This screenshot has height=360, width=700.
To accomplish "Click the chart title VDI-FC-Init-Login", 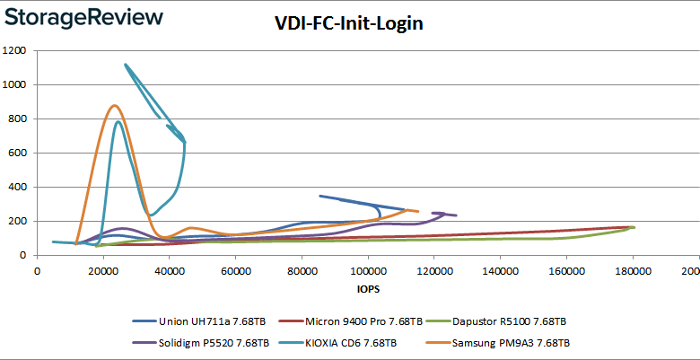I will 348,24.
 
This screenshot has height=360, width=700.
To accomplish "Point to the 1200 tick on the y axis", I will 13,50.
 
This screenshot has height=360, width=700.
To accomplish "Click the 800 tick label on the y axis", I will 17,119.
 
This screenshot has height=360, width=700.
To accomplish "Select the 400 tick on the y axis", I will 17,187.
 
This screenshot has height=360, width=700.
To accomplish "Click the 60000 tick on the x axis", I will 235,272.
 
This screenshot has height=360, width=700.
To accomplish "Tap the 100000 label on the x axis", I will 366,272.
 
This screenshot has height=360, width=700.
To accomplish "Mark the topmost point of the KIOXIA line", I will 125,65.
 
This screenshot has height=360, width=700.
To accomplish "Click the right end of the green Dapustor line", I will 634,227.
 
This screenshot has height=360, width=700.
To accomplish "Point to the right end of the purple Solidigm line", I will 456,215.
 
